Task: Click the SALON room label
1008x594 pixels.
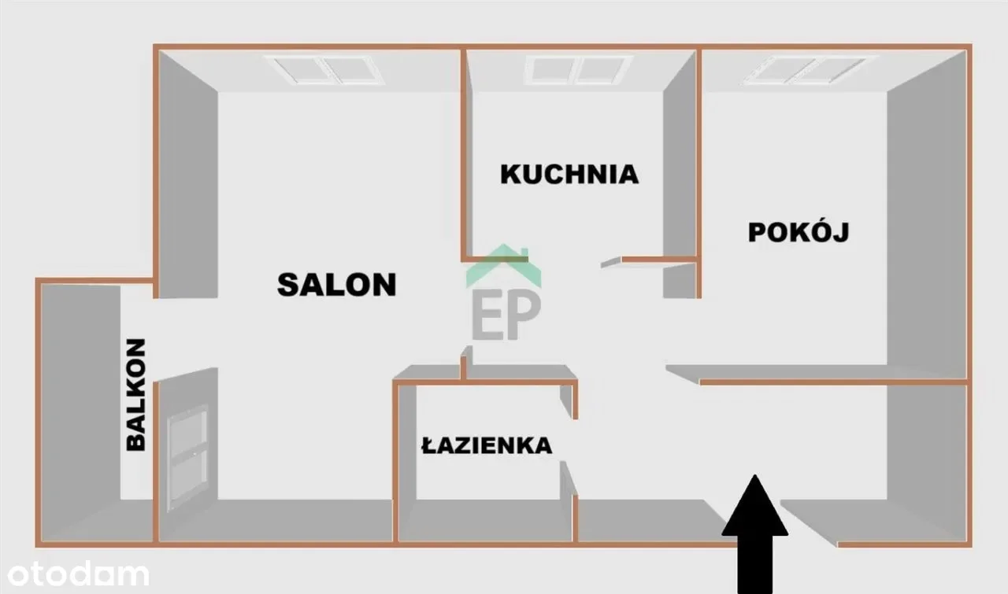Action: click(x=336, y=284)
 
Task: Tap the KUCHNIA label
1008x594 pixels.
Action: click(x=569, y=175)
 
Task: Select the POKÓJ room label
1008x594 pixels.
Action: click(x=799, y=232)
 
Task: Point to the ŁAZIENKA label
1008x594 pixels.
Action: click(x=487, y=445)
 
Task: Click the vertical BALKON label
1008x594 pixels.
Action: click(x=135, y=395)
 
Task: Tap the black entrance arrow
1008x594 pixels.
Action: click(x=755, y=534)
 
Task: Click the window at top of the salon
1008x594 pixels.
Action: click(x=324, y=70)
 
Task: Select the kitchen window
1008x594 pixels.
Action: click(x=578, y=70)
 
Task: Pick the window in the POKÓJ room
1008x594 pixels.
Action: click(x=810, y=70)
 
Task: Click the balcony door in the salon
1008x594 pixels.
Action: click(x=187, y=459)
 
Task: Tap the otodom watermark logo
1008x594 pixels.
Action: click(x=78, y=574)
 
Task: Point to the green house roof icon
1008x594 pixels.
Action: click(x=503, y=265)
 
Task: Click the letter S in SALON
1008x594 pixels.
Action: click(x=288, y=284)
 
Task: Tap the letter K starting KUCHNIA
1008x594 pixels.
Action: click(x=510, y=175)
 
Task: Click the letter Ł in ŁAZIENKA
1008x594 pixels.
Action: click(x=428, y=445)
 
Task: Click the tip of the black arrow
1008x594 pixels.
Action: click(x=755, y=474)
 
